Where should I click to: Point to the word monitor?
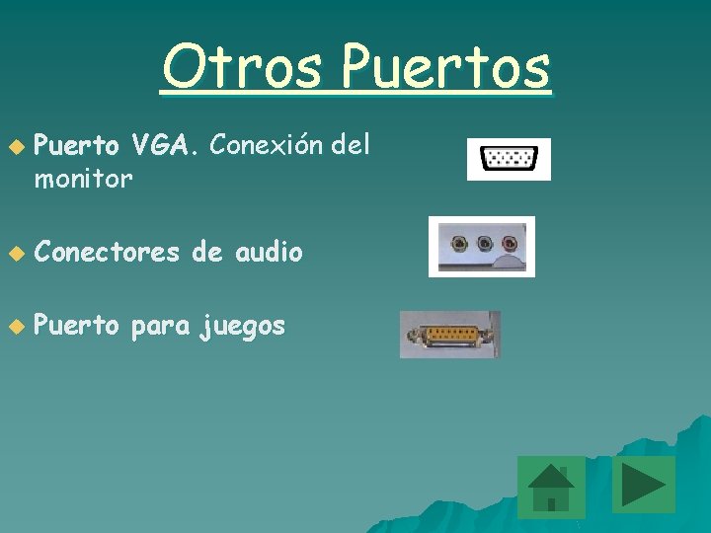click(83, 179)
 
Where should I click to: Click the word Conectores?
click(107, 253)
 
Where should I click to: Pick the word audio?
click(269, 253)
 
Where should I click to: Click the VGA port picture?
click(509, 159)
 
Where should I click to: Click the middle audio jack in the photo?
click(484, 242)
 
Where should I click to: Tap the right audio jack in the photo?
click(509, 242)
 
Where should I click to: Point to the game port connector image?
click(449, 335)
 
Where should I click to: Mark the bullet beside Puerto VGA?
click(13, 148)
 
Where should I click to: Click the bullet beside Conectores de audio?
click(13, 254)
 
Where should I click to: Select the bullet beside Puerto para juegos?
click(13, 327)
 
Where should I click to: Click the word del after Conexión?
click(351, 146)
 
